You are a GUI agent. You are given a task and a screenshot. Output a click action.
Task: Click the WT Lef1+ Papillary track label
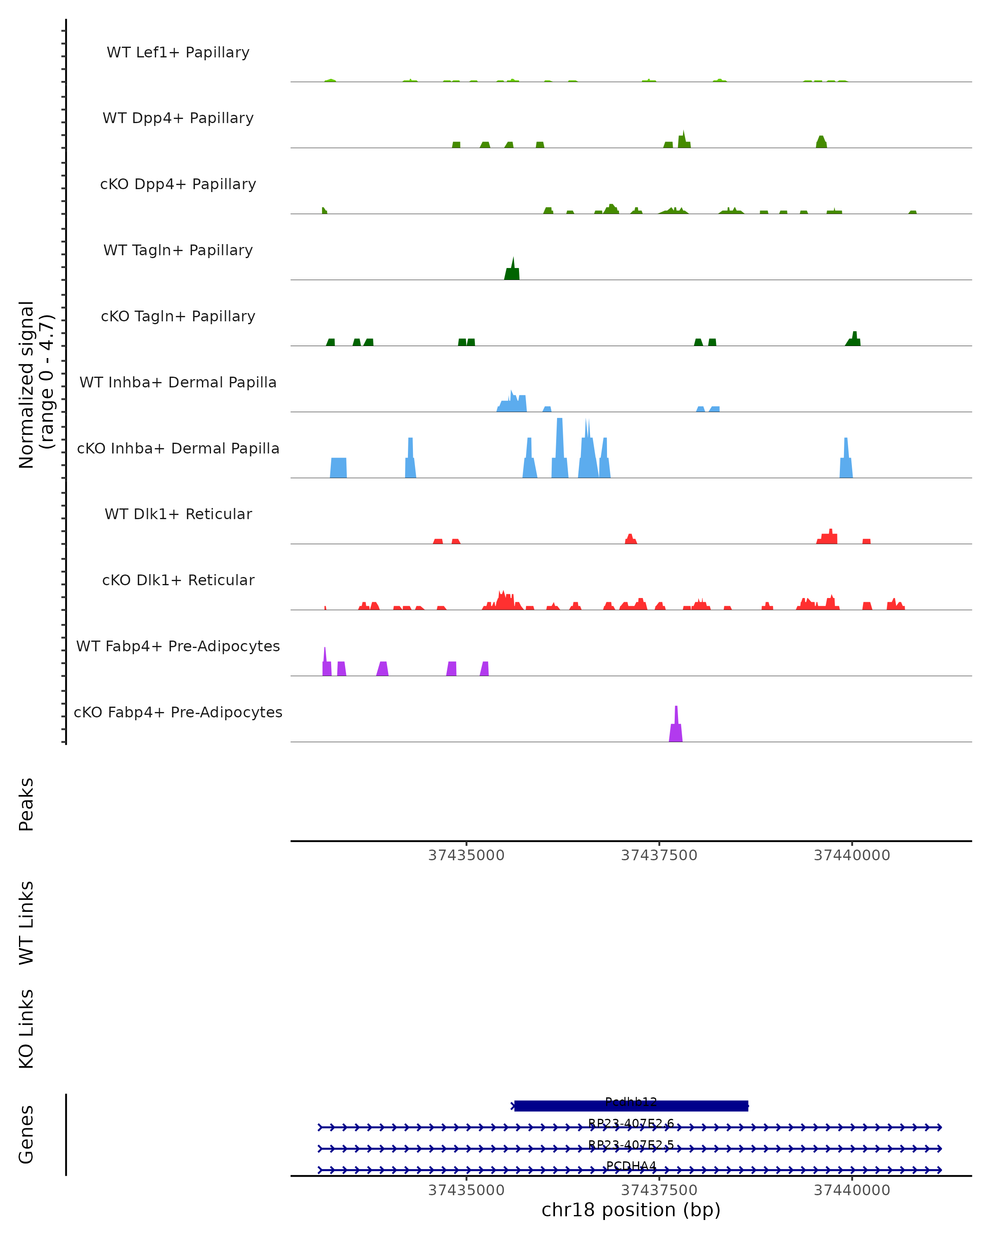[178, 52]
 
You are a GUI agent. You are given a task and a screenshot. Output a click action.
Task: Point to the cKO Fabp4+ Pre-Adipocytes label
[178, 712]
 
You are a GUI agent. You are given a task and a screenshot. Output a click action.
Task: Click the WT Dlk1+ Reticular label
[178, 514]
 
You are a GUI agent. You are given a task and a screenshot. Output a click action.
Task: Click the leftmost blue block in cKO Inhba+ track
[338, 468]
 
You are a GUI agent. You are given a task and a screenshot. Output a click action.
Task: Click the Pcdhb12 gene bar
[631, 1106]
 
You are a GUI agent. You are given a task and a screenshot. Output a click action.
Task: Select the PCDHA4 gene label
[631, 1165]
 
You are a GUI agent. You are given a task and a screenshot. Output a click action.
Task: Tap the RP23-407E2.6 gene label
[631, 1123]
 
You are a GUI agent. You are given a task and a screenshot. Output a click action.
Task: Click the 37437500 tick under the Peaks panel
[659, 855]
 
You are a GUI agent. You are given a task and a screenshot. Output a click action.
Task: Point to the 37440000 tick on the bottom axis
[851, 1190]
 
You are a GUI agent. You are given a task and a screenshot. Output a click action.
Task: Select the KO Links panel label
[26, 1029]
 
